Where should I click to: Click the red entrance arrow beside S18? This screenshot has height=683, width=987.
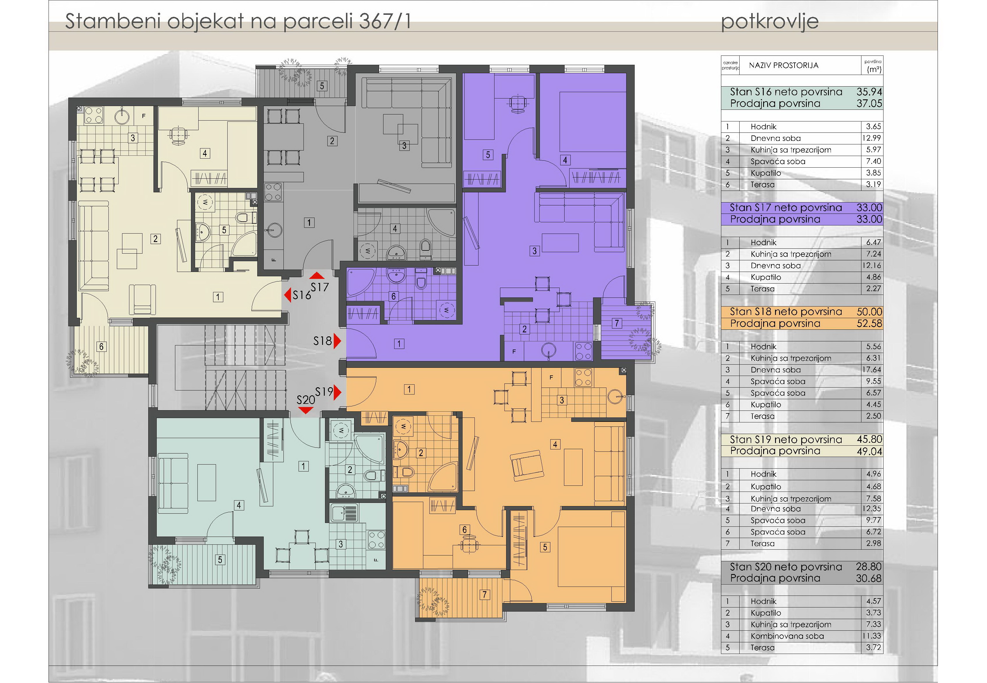tap(338, 341)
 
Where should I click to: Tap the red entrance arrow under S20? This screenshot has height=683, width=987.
tap(305, 410)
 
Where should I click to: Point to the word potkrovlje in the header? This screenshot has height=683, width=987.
tap(770, 22)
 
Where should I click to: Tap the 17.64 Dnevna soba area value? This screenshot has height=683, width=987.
tap(872, 370)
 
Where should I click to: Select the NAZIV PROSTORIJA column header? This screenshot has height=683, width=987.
tap(783, 65)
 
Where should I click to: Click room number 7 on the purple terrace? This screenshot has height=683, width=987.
tap(617, 323)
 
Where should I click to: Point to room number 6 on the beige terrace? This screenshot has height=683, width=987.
tap(101, 347)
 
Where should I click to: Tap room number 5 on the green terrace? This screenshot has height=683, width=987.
tap(220, 560)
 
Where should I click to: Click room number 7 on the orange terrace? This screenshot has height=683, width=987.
tap(485, 594)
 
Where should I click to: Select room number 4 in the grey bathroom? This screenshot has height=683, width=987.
tap(395, 229)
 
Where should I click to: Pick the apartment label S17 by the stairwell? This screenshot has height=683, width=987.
tap(320, 287)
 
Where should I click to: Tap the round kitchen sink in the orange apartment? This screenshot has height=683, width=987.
tap(616, 397)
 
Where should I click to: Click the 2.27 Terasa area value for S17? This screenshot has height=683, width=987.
tap(874, 288)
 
